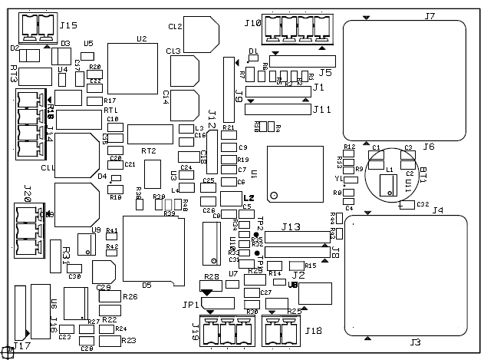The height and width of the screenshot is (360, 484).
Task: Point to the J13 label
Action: (x=291, y=226)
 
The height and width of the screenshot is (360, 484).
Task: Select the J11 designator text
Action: (x=321, y=109)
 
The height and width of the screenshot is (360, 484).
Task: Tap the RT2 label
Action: (x=148, y=150)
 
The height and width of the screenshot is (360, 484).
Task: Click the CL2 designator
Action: (x=175, y=26)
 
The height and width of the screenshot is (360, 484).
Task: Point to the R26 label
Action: (x=130, y=296)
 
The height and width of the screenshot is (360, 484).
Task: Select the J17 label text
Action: (x=22, y=346)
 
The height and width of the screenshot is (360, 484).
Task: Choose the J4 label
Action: (x=437, y=210)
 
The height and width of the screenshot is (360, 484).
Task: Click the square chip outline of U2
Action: (x=133, y=68)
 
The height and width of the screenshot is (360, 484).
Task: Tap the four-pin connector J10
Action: (x=291, y=30)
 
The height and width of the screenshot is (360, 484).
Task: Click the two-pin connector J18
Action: (x=281, y=331)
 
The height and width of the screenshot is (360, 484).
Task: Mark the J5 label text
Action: (x=325, y=73)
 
